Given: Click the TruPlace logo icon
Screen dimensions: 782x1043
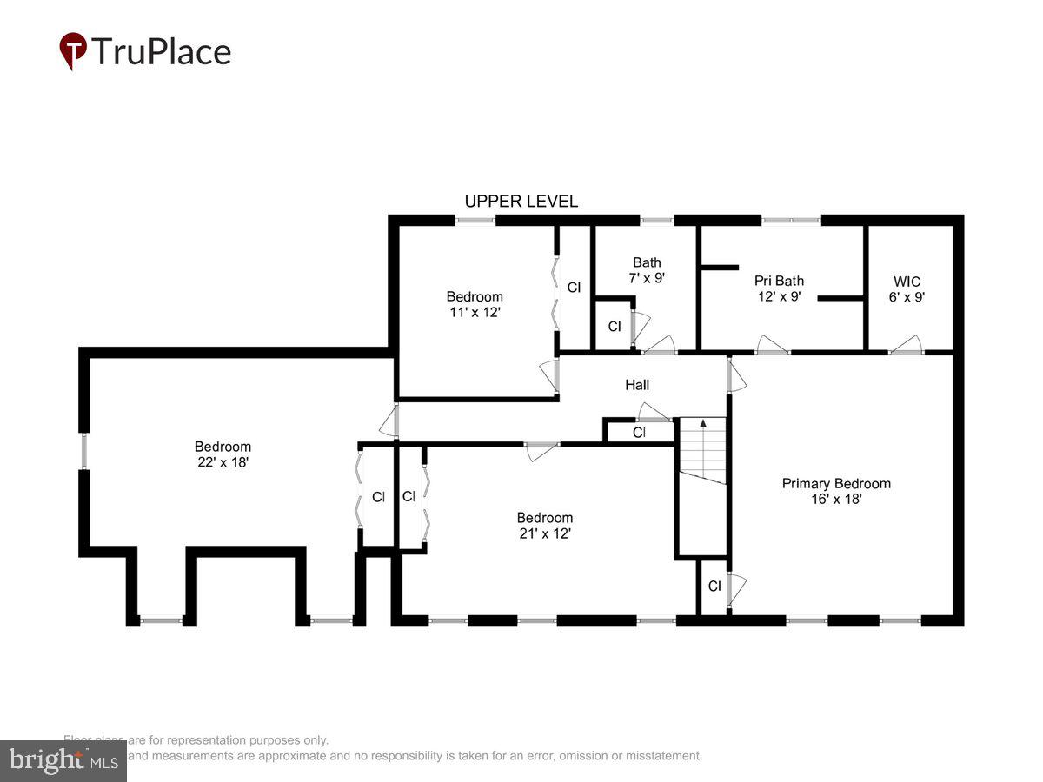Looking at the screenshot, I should pyautogui.click(x=73, y=51).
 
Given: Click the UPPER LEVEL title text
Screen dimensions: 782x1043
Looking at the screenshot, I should pyautogui.click(x=521, y=202).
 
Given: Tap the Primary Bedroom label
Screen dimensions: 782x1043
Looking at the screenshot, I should pyautogui.click(x=836, y=484).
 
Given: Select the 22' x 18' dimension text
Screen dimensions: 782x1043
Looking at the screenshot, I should pyautogui.click(x=223, y=463).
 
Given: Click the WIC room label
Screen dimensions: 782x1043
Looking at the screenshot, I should pyautogui.click(x=907, y=282).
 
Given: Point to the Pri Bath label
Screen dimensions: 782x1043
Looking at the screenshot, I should pyautogui.click(x=779, y=281).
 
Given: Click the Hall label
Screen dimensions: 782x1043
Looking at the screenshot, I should pyautogui.click(x=637, y=385).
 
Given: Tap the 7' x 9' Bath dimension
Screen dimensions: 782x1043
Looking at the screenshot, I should pyautogui.click(x=647, y=278).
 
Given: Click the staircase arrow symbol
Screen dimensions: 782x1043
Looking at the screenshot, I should pyautogui.click(x=702, y=424).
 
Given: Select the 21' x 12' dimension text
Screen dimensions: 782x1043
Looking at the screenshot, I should pyautogui.click(x=544, y=533).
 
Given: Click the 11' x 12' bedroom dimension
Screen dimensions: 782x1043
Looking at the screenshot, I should pyautogui.click(x=475, y=312).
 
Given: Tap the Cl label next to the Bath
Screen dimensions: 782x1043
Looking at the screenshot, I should pyautogui.click(x=615, y=327).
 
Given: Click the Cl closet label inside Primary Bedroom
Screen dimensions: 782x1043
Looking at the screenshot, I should pyautogui.click(x=714, y=586).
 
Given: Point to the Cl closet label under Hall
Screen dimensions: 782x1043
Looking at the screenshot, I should pyautogui.click(x=639, y=432).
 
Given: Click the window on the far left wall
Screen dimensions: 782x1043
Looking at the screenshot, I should pyautogui.click(x=84, y=450).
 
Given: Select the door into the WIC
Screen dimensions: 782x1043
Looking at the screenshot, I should pyautogui.click(x=906, y=347).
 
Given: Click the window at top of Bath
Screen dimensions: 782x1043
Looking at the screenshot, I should pyautogui.click(x=657, y=221).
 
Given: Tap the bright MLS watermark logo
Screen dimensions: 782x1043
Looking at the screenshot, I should pyautogui.click(x=63, y=761).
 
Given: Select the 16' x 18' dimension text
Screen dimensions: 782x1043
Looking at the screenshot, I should pyautogui.click(x=836, y=500).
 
